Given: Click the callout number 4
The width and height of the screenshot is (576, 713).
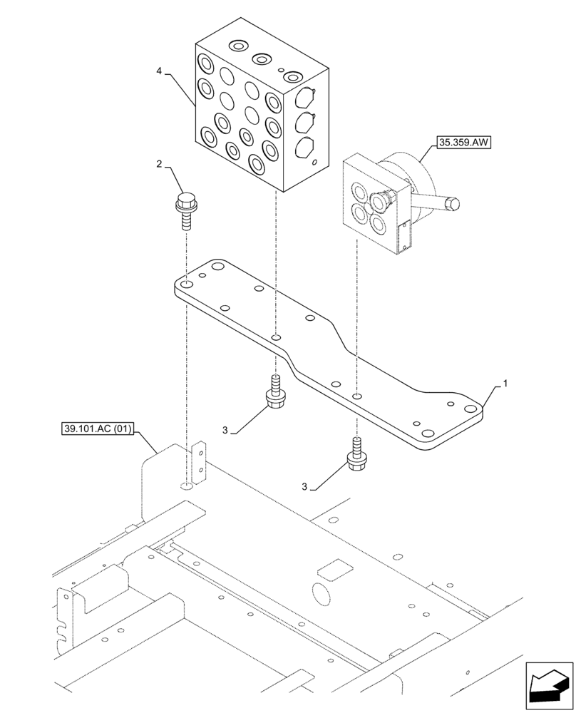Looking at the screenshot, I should (x=160, y=71).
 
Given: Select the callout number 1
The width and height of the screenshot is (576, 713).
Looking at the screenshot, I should (x=505, y=384).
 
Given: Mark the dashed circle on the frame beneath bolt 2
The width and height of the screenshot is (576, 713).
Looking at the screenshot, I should (x=186, y=486).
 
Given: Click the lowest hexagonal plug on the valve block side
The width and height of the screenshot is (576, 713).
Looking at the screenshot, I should (x=304, y=148).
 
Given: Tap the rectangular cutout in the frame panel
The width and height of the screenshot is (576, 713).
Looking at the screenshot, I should (x=334, y=569).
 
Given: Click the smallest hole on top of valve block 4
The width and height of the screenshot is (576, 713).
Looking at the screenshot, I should (x=282, y=70).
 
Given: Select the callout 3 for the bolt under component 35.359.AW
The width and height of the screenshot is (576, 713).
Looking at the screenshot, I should (x=305, y=487).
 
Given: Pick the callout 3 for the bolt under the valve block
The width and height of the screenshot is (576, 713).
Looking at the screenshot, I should (x=225, y=430).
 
